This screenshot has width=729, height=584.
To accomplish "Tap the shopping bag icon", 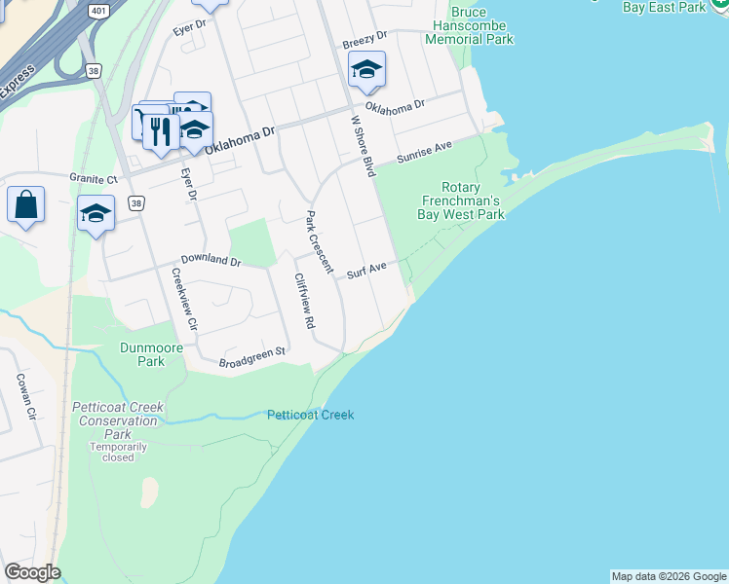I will click(25, 205).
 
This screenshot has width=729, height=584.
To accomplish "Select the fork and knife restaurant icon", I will click(161, 130).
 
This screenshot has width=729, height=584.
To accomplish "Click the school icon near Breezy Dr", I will click(367, 69).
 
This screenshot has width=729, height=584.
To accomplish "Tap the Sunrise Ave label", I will click(424, 152).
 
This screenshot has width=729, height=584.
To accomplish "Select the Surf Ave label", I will click(367, 270).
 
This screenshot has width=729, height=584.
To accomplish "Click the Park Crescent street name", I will click(320, 242).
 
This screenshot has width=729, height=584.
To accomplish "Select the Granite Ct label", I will click(93, 178).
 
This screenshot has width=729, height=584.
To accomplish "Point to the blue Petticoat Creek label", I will click(310, 415).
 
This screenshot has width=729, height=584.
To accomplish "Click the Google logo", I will click(32, 572).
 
